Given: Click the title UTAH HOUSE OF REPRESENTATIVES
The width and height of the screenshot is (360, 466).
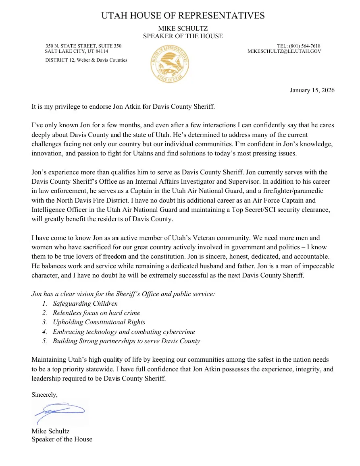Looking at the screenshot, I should click(183, 16).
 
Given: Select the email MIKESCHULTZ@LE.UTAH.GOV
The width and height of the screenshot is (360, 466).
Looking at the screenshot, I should click(284, 52).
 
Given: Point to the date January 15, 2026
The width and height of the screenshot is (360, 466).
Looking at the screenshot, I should click(312, 90).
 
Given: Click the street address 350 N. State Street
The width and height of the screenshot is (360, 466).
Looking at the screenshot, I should click(83, 46).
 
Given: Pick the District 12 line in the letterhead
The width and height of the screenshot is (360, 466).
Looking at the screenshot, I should click(86, 60).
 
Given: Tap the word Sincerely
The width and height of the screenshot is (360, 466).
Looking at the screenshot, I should click(44, 395).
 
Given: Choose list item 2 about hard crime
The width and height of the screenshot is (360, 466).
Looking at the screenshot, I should click(96, 313).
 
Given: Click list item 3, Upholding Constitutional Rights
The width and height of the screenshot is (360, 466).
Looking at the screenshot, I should click(99, 322).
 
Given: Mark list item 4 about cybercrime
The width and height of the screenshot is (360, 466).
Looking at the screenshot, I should click(123, 331).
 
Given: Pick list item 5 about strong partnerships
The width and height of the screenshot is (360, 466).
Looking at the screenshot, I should click(126, 341).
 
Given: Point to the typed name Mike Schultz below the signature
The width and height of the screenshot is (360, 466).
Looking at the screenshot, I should click(50, 431).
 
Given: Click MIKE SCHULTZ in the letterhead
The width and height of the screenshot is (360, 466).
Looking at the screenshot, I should click(183, 29).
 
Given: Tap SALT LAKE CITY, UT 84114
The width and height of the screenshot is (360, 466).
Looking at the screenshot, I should click(77, 52).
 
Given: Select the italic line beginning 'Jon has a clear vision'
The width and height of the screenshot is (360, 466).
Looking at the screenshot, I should click(123, 294).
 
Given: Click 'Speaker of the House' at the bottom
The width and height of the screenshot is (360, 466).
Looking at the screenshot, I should click(62, 439).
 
